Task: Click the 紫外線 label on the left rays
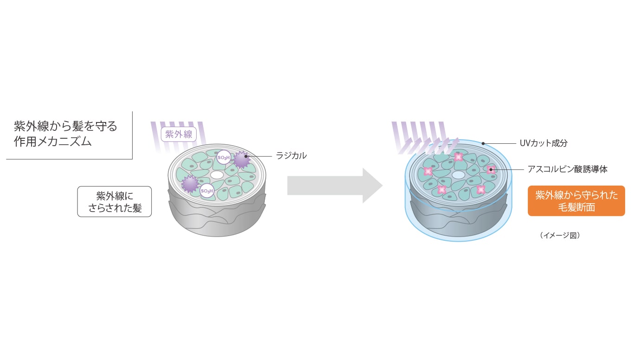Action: pyautogui.click(x=179, y=135)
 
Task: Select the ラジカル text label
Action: pyautogui.click(x=291, y=156)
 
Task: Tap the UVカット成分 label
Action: pyautogui.click(x=544, y=143)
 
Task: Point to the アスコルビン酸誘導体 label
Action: pyautogui.click(x=567, y=169)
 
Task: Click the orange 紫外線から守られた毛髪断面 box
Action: pyautogui.click(x=576, y=201)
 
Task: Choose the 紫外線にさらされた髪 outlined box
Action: pyautogui.click(x=114, y=201)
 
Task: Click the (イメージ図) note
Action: pyautogui.click(x=560, y=235)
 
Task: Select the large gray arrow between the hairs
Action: pyautogui.click(x=334, y=186)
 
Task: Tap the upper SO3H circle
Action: pyautogui.click(x=224, y=158)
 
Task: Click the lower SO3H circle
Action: pyautogui.click(x=207, y=191)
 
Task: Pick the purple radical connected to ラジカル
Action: pyautogui.click(x=241, y=159)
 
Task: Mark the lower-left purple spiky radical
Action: pyautogui.click(x=190, y=184)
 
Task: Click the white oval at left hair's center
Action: pyautogui.click(x=217, y=175)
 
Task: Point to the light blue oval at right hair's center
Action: pyautogui.click(x=458, y=174)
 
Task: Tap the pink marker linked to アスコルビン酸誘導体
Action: pyautogui.click(x=491, y=169)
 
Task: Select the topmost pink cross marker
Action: pyautogui.click(x=459, y=157)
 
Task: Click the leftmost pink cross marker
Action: pyautogui.click(x=428, y=171)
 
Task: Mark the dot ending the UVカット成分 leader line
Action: pyautogui.click(x=483, y=143)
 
